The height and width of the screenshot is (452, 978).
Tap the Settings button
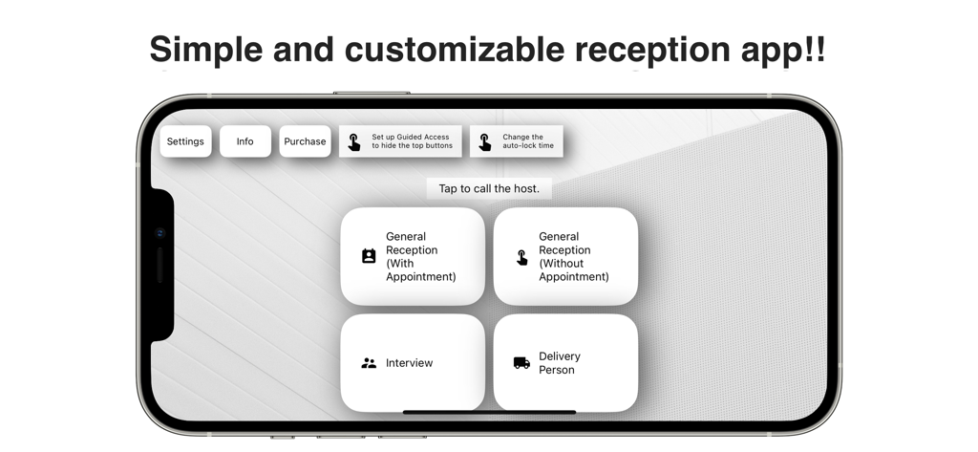pyautogui.click(x=185, y=141)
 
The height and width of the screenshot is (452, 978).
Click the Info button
pyautogui.click(x=245, y=141)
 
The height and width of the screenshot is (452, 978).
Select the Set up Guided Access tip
pyautogui.click(x=400, y=141)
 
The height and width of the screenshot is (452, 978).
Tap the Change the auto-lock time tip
pyautogui.click(x=516, y=141)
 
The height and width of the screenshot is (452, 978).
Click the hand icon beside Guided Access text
pyautogui.click(x=354, y=142)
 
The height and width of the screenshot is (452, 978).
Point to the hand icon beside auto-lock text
pyautogui.click(x=485, y=142)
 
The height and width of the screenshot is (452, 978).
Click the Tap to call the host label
pyautogui.click(x=489, y=188)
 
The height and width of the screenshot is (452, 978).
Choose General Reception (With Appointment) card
pyautogui.click(x=413, y=256)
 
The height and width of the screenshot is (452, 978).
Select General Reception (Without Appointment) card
pyautogui.click(x=565, y=256)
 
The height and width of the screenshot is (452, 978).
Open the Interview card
pyautogui.click(x=413, y=363)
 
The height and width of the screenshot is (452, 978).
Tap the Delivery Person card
pyautogui.click(x=565, y=363)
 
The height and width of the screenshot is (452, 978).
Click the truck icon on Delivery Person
pyautogui.click(x=521, y=363)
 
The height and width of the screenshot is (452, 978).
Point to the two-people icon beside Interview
pyautogui.click(x=369, y=363)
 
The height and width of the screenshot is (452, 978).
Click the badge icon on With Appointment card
pyautogui.click(x=369, y=256)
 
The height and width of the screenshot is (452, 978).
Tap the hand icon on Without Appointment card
pyautogui.click(x=521, y=257)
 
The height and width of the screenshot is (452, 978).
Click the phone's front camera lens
pyautogui.click(x=160, y=233)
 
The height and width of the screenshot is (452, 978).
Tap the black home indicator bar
pyautogui.click(x=489, y=412)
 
